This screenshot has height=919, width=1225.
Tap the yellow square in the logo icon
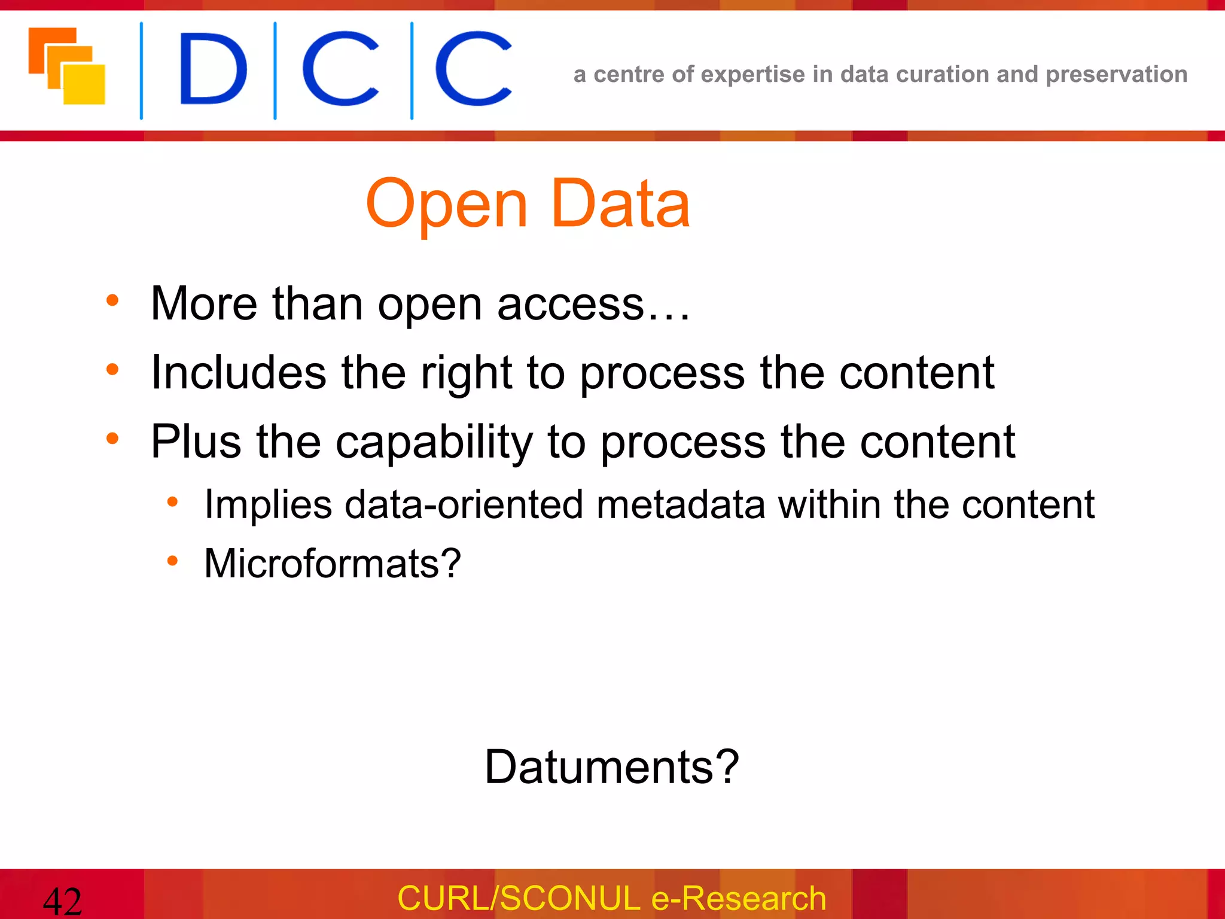click(85, 84)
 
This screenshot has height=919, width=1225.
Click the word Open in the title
click(446, 205)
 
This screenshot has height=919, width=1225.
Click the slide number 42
click(62, 901)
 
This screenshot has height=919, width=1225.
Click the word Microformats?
click(333, 563)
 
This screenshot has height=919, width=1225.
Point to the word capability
click(434, 442)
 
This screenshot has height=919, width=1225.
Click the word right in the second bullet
click(467, 373)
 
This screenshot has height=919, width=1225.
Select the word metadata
click(681, 504)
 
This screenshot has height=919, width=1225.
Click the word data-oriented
click(464, 504)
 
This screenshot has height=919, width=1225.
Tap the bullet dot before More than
click(112, 300)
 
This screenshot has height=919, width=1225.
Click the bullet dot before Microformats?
click(172, 561)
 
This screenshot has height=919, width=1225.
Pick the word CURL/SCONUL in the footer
click(519, 898)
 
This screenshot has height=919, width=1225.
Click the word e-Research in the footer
click(738, 898)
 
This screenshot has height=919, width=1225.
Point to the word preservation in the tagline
click(1116, 75)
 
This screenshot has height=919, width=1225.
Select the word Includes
click(238, 373)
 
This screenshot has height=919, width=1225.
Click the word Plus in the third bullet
click(196, 442)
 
